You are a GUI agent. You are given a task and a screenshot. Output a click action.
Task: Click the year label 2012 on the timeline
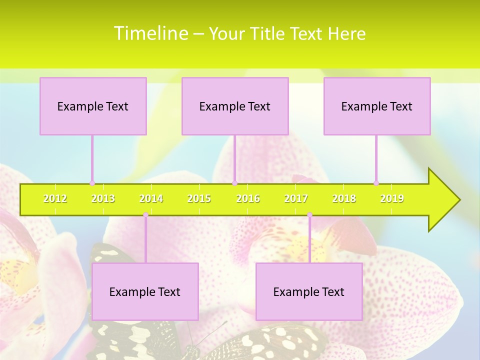55,199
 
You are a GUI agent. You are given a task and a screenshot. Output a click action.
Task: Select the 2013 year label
103,199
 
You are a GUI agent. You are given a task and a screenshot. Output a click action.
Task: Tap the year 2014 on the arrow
151,199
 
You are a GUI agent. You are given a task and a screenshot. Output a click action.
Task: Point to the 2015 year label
199,199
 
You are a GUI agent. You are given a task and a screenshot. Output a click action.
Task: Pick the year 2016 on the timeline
248,199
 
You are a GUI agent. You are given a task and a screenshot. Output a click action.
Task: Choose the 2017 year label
296,199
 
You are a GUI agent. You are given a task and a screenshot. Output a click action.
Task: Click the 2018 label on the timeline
344,199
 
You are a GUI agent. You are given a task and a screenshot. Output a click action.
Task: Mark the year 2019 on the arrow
392,199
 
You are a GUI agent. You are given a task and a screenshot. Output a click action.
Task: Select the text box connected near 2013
93,106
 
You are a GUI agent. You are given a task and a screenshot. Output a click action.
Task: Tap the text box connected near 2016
235,106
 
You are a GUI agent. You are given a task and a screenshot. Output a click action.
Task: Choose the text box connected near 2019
377,106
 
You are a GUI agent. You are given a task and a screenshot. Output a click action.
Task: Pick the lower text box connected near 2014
145,291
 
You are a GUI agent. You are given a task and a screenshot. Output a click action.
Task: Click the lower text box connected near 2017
309,291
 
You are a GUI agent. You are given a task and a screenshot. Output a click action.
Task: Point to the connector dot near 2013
92,183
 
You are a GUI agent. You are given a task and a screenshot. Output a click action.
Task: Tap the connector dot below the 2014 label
145,215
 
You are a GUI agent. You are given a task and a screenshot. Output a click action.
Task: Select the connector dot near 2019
376,183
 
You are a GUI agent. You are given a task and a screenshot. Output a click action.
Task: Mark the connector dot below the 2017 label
309,215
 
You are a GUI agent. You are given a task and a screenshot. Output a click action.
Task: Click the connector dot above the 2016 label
234,183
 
